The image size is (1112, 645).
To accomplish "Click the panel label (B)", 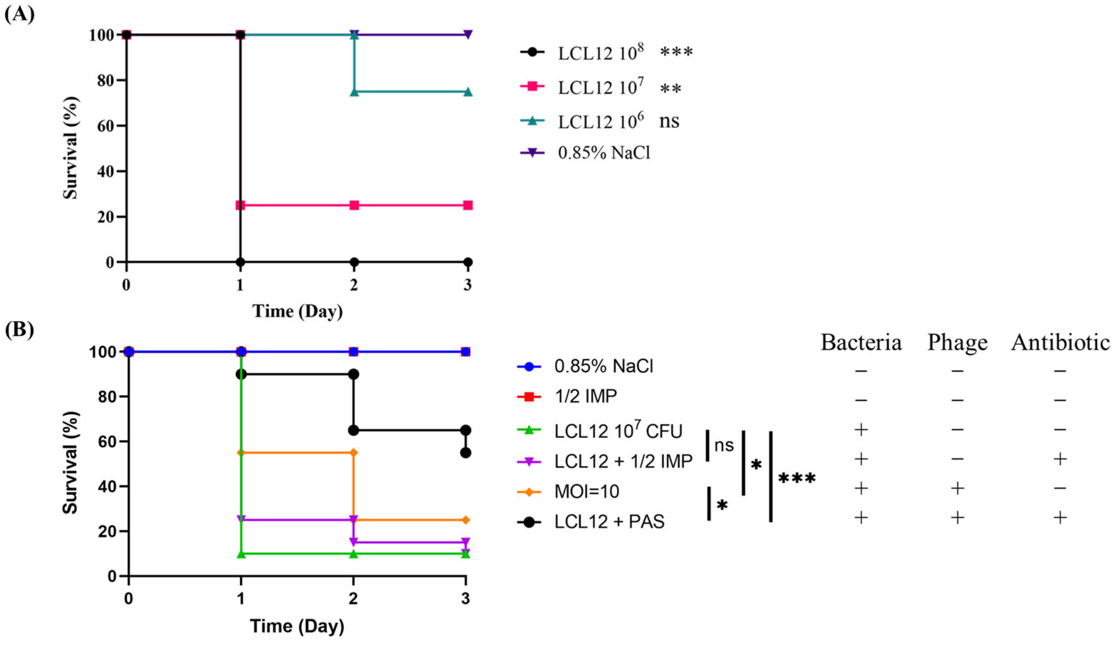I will (x=20, y=330).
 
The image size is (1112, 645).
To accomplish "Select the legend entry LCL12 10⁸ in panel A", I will (x=601, y=53).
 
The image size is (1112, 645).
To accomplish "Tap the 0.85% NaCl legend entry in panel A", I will (x=604, y=153).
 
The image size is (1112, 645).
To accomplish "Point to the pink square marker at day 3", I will (x=468, y=205).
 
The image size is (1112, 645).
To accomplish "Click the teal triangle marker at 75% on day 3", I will (x=468, y=92).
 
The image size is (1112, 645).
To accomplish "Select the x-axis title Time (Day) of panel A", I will (x=297, y=311).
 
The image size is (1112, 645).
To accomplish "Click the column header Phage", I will (x=957, y=342).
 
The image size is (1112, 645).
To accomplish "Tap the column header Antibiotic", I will (x=1060, y=342).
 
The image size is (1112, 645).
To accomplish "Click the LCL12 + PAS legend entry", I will (x=609, y=522).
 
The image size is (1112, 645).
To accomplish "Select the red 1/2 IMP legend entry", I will (x=586, y=396).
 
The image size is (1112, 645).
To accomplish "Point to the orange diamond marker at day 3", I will (x=466, y=520).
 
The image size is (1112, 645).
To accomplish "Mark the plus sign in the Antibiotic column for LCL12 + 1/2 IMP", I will (x=1060, y=459).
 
